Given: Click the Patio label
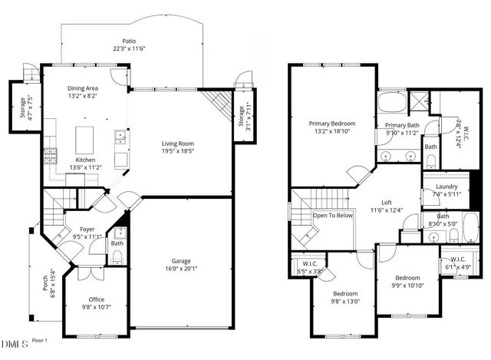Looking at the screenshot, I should pyautogui.click(x=128, y=41).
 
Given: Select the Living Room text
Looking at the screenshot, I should pyautogui.click(x=177, y=144).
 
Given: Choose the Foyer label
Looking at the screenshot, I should pyautogui.click(x=87, y=228).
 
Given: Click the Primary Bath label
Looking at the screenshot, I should pyautogui.click(x=401, y=125).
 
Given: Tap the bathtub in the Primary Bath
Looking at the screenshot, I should pyautogui.click(x=394, y=101).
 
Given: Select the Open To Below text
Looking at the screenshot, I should pyautogui.click(x=333, y=216).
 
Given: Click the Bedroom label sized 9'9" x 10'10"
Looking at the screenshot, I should pyautogui.click(x=407, y=278).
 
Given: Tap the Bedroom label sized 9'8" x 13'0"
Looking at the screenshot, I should pyautogui.click(x=345, y=294).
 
